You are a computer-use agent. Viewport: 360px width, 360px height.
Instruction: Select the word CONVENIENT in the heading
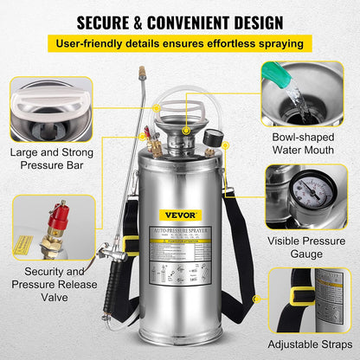pos(204,19)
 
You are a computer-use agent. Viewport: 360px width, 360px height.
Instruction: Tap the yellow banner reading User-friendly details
pos(180,42)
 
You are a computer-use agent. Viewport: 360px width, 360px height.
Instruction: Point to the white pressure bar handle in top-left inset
pos(50,102)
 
